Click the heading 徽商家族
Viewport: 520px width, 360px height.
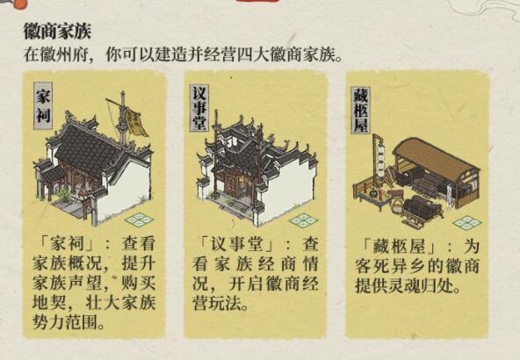(57, 32)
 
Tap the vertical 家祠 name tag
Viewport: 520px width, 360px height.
(43, 106)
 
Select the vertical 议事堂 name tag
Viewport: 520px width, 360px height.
(199, 108)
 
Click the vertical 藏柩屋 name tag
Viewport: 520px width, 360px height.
(360, 110)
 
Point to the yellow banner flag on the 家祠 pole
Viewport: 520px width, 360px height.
(136, 123)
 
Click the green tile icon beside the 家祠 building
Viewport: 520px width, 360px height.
(140, 220)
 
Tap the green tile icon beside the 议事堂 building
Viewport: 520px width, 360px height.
(303, 220)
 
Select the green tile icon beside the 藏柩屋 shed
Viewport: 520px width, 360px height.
(467, 223)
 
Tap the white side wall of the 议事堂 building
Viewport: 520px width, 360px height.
(291, 189)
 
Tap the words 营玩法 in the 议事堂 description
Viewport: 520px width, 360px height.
(217, 303)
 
